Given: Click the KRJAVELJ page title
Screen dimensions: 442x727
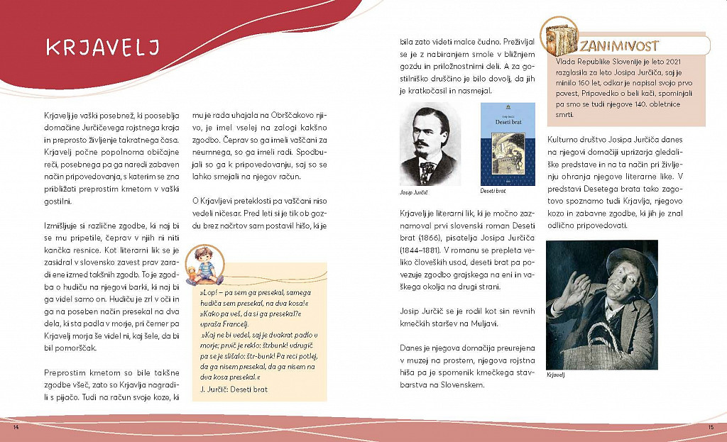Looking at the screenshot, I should pyautogui.click(x=104, y=48).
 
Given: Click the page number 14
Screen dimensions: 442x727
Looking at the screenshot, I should pyautogui.click(x=14, y=428).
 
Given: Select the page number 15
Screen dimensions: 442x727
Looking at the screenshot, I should pyautogui.click(x=710, y=427).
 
